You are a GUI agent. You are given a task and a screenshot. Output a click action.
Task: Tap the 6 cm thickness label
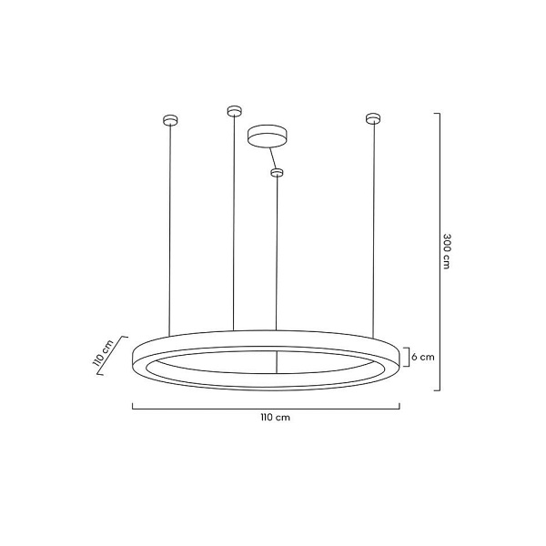423,357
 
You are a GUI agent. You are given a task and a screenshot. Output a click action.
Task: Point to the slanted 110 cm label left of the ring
102,351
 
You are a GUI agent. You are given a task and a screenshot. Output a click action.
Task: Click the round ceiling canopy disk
267,136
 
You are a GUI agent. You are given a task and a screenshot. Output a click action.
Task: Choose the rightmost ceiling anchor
371,117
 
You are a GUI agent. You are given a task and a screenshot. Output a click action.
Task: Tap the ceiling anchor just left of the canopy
233,111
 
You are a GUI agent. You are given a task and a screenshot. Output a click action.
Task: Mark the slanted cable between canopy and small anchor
272,156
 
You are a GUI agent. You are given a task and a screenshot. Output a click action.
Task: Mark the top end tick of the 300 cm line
437,114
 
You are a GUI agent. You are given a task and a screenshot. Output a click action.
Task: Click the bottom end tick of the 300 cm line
437,389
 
